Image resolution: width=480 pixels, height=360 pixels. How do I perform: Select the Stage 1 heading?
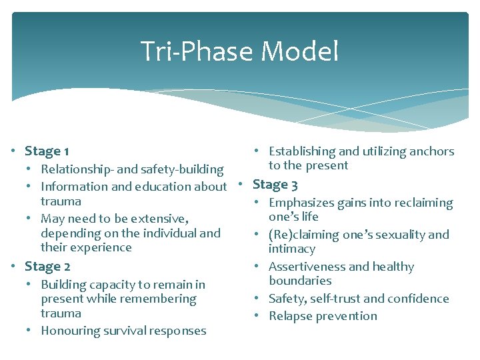47,151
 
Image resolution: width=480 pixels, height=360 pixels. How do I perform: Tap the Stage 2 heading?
47,266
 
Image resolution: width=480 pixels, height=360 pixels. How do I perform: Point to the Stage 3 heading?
275,185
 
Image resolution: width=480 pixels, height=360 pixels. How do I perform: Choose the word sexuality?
397,235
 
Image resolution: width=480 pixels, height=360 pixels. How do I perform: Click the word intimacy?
292,249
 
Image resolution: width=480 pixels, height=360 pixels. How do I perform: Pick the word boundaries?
300,281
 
